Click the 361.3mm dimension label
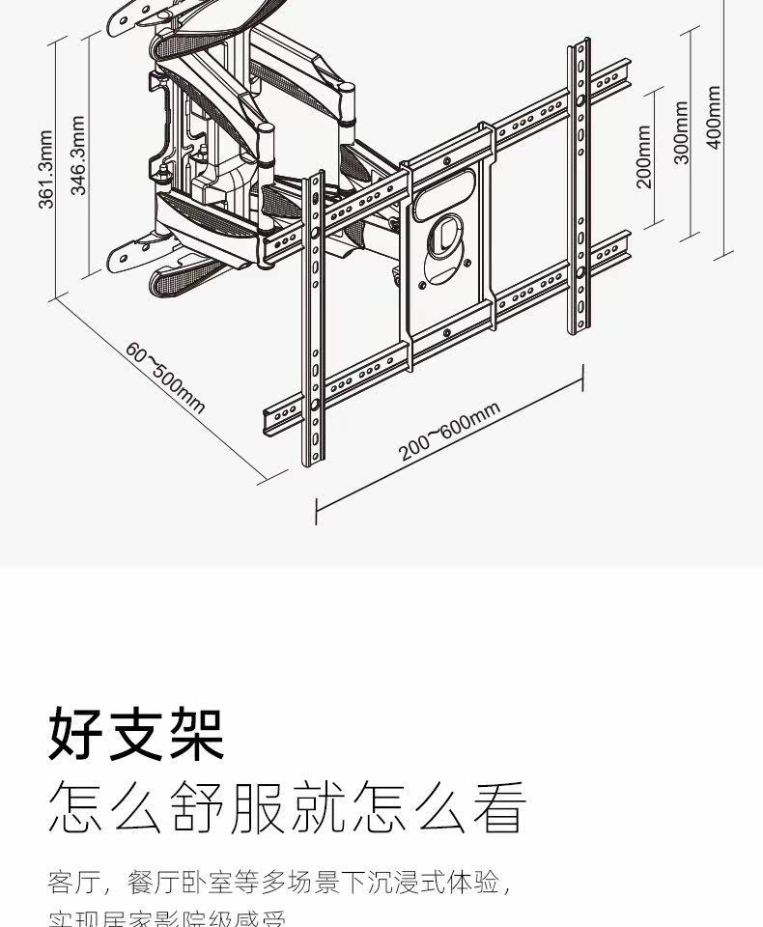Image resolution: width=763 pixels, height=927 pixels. pyautogui.click(x=44, y=165)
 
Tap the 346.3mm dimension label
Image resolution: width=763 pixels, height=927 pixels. pyautogui.click(x=78, y=155)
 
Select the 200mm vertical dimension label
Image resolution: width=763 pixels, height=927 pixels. pyautogui.click(x=644, y=156)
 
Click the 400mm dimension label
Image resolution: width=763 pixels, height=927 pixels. pyautogui.click(x=714, y=117)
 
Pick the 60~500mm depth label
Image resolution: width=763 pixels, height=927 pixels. pyautogui.click(x=165, y=377)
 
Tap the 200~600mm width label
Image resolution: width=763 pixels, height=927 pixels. pyautogui.click(x=450, y=431)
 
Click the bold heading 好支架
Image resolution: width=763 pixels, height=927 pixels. pyautogui.click(x=136, y=735)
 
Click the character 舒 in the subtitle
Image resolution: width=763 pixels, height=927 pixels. pyautogui.click(x=197, y=808)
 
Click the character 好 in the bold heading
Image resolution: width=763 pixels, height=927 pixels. pyautogui.click(x=76, y=735)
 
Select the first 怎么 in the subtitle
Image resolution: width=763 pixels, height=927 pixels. pyautogui.click(x=106, y=808)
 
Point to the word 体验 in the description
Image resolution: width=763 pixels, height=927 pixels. pyautogui.click(x=477, y=883)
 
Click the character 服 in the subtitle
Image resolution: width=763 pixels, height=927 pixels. pyautogui.click(x=257, y=808)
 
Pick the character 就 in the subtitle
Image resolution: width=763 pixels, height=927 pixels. pyautogui.click(x=317, y=808)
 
